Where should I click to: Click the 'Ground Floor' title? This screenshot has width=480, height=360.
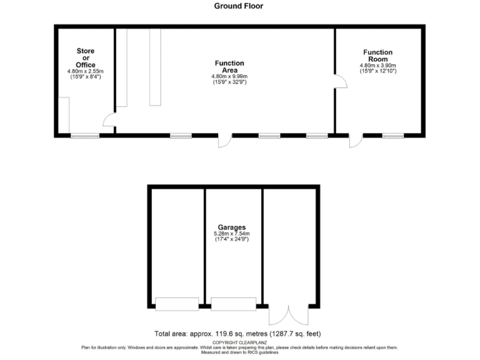pos(239,6)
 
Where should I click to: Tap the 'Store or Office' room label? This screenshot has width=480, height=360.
pos(86,57)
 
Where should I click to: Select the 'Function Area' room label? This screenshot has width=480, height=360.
pos(229,67)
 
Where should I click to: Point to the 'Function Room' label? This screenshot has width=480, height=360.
pos(377,56)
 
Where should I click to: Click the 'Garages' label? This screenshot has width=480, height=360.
pos(231,227)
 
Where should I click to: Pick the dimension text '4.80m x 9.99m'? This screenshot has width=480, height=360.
pos(229,77)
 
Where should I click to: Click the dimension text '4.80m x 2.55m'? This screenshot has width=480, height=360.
pos(86,71)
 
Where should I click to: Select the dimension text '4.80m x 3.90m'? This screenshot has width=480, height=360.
pos(377,66)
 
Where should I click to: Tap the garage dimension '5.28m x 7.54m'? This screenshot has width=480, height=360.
pos(231,234)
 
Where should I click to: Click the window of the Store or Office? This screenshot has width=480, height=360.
pos(85,135)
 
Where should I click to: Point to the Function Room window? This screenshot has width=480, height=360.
pos(392,135)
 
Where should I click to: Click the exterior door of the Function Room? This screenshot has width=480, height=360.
pos(356,141)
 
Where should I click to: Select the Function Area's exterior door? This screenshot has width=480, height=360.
pos(224,141)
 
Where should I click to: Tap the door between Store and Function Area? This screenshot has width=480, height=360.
pos(109,121)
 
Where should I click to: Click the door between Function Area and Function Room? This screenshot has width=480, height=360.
pos(341,81)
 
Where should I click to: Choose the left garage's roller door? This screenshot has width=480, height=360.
pos(176,304)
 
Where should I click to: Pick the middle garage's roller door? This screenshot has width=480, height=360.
pos(233,304)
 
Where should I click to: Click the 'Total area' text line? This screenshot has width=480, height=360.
pos(237,333)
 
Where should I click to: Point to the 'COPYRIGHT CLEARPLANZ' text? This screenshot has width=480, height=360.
pos(237,342)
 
